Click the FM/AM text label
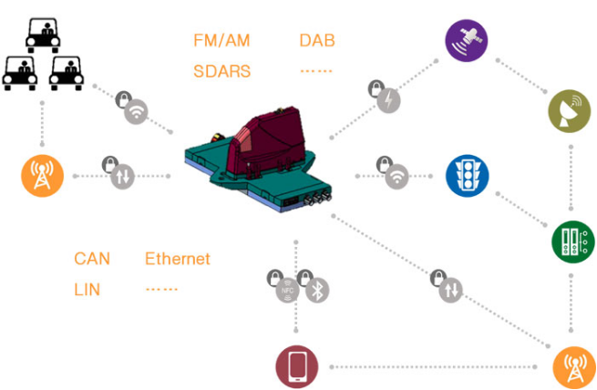pos(221,40)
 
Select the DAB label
pos(317,40)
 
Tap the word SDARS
pos(222,71)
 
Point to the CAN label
pos(92,259)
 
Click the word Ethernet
pos(178,259)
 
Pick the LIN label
pos(87,290)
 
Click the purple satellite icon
pos(467,40)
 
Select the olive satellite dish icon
pos(570,111)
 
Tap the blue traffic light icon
pos(467,176)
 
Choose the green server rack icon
pos(573,241)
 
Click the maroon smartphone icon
pos(297,367)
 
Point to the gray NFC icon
pos(287,291)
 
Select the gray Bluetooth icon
pos(317,291)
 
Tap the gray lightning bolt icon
pos(388,101)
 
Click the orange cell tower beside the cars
pos(42,176)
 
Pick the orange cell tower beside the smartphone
pos(574,367)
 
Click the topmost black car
pos(43,36)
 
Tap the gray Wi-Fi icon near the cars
pos(136,111)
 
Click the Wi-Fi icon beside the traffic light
pos(396,177)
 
